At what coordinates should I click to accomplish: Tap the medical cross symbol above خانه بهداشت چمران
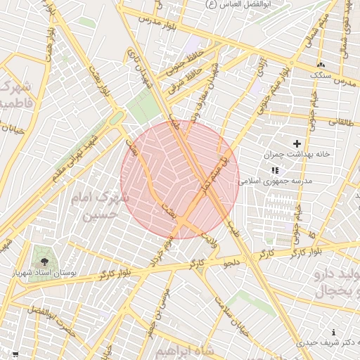[x=297, y=143]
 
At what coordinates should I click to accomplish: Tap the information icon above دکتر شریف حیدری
[x=333, y=332]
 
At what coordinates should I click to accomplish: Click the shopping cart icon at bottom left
[x=15, y=354]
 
